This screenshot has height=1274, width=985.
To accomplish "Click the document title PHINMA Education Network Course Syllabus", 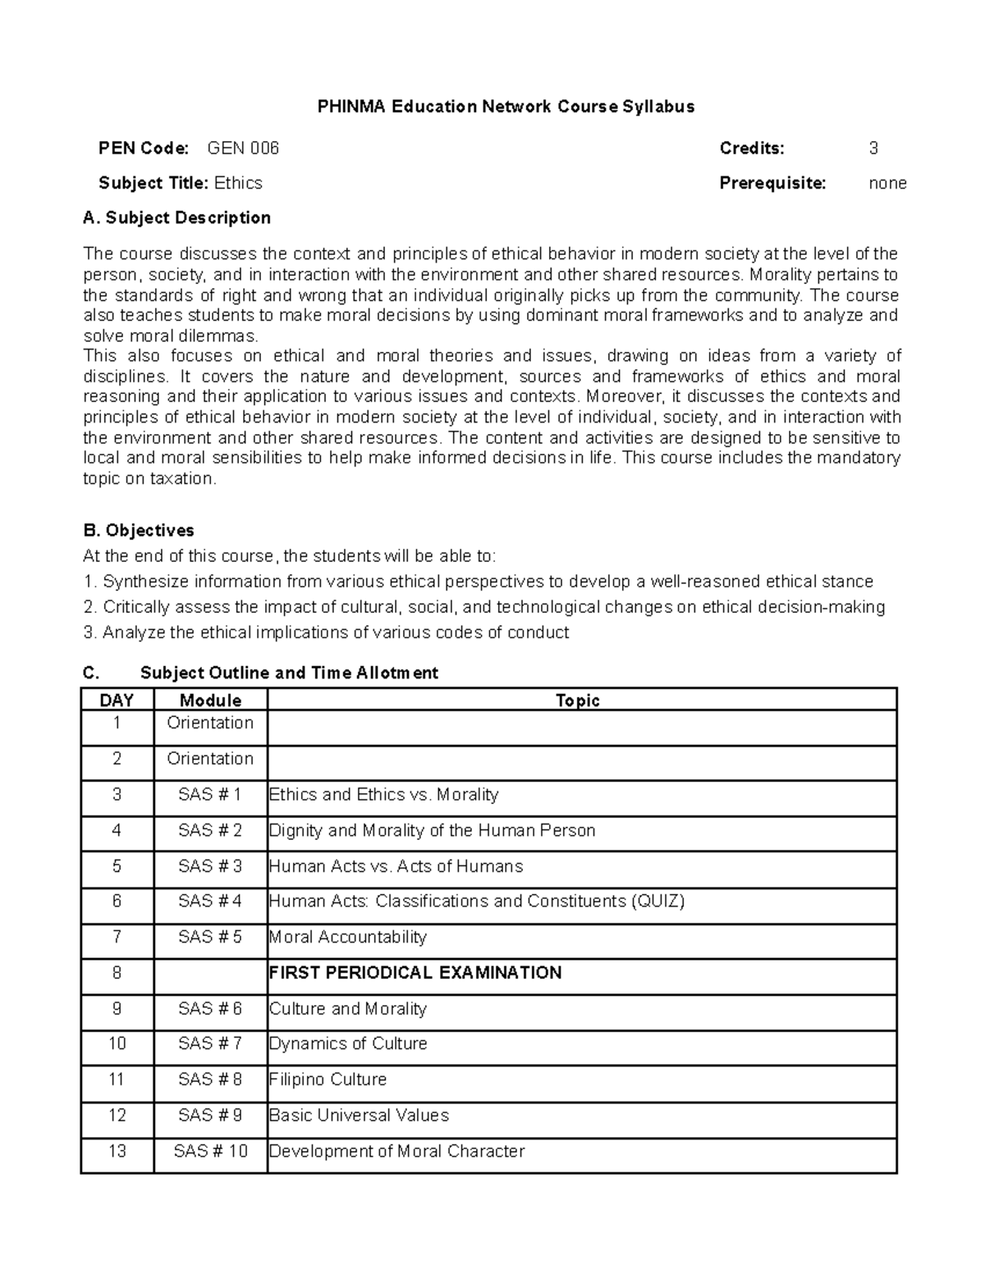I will tap(506, 107).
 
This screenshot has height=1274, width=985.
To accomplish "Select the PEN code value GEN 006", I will tap(243, 148).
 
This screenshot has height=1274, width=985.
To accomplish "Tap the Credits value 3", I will tap(873, 148).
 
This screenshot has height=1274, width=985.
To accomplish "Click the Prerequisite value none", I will tap(887, 183).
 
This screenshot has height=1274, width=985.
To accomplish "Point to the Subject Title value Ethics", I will tap(238, 183).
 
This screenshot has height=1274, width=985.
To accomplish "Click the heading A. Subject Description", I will tap(176, 217).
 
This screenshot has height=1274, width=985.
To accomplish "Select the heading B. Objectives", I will tap(138, 530).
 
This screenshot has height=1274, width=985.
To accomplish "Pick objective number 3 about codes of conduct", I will tap(326, 632).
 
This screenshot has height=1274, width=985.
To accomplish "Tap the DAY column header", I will tap(117, 701).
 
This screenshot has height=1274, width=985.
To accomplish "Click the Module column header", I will tap(210, 701).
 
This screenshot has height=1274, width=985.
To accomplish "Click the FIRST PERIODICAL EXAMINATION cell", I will tap(415, 973).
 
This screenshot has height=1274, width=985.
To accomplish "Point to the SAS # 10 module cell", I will tap(210, 1152).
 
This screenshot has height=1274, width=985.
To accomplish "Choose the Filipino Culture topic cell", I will tap(328, 1080).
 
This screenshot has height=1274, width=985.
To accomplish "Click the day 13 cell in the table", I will tap(117, 1152).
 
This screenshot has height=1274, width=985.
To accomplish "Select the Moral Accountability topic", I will tap(348, 937).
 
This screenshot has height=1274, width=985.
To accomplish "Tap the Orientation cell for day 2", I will tap(210, 759).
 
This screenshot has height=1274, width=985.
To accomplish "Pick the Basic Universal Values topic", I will tap(359, 1116).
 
